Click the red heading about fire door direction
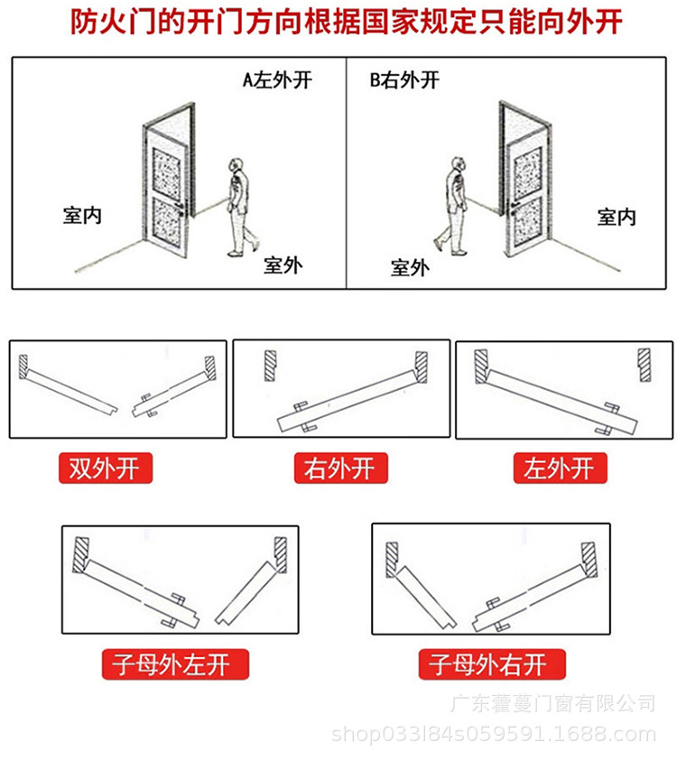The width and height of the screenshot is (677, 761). coord(338,23)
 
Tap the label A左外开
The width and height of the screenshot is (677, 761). coord(277,79)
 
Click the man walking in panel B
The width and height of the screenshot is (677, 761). coord(454,205)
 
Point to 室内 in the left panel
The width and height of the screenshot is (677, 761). coord(82,216)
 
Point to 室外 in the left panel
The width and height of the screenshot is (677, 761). coord(283,264)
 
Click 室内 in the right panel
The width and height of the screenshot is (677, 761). coord(617,217)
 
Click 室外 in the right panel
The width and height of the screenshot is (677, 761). coord(410,267)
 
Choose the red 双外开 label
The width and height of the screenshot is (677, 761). coord(106,469)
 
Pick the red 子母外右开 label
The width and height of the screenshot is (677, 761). coord(487,666)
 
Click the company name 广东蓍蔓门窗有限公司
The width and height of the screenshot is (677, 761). coord(552,702)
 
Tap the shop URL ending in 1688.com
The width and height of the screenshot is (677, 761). coord(495,734)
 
